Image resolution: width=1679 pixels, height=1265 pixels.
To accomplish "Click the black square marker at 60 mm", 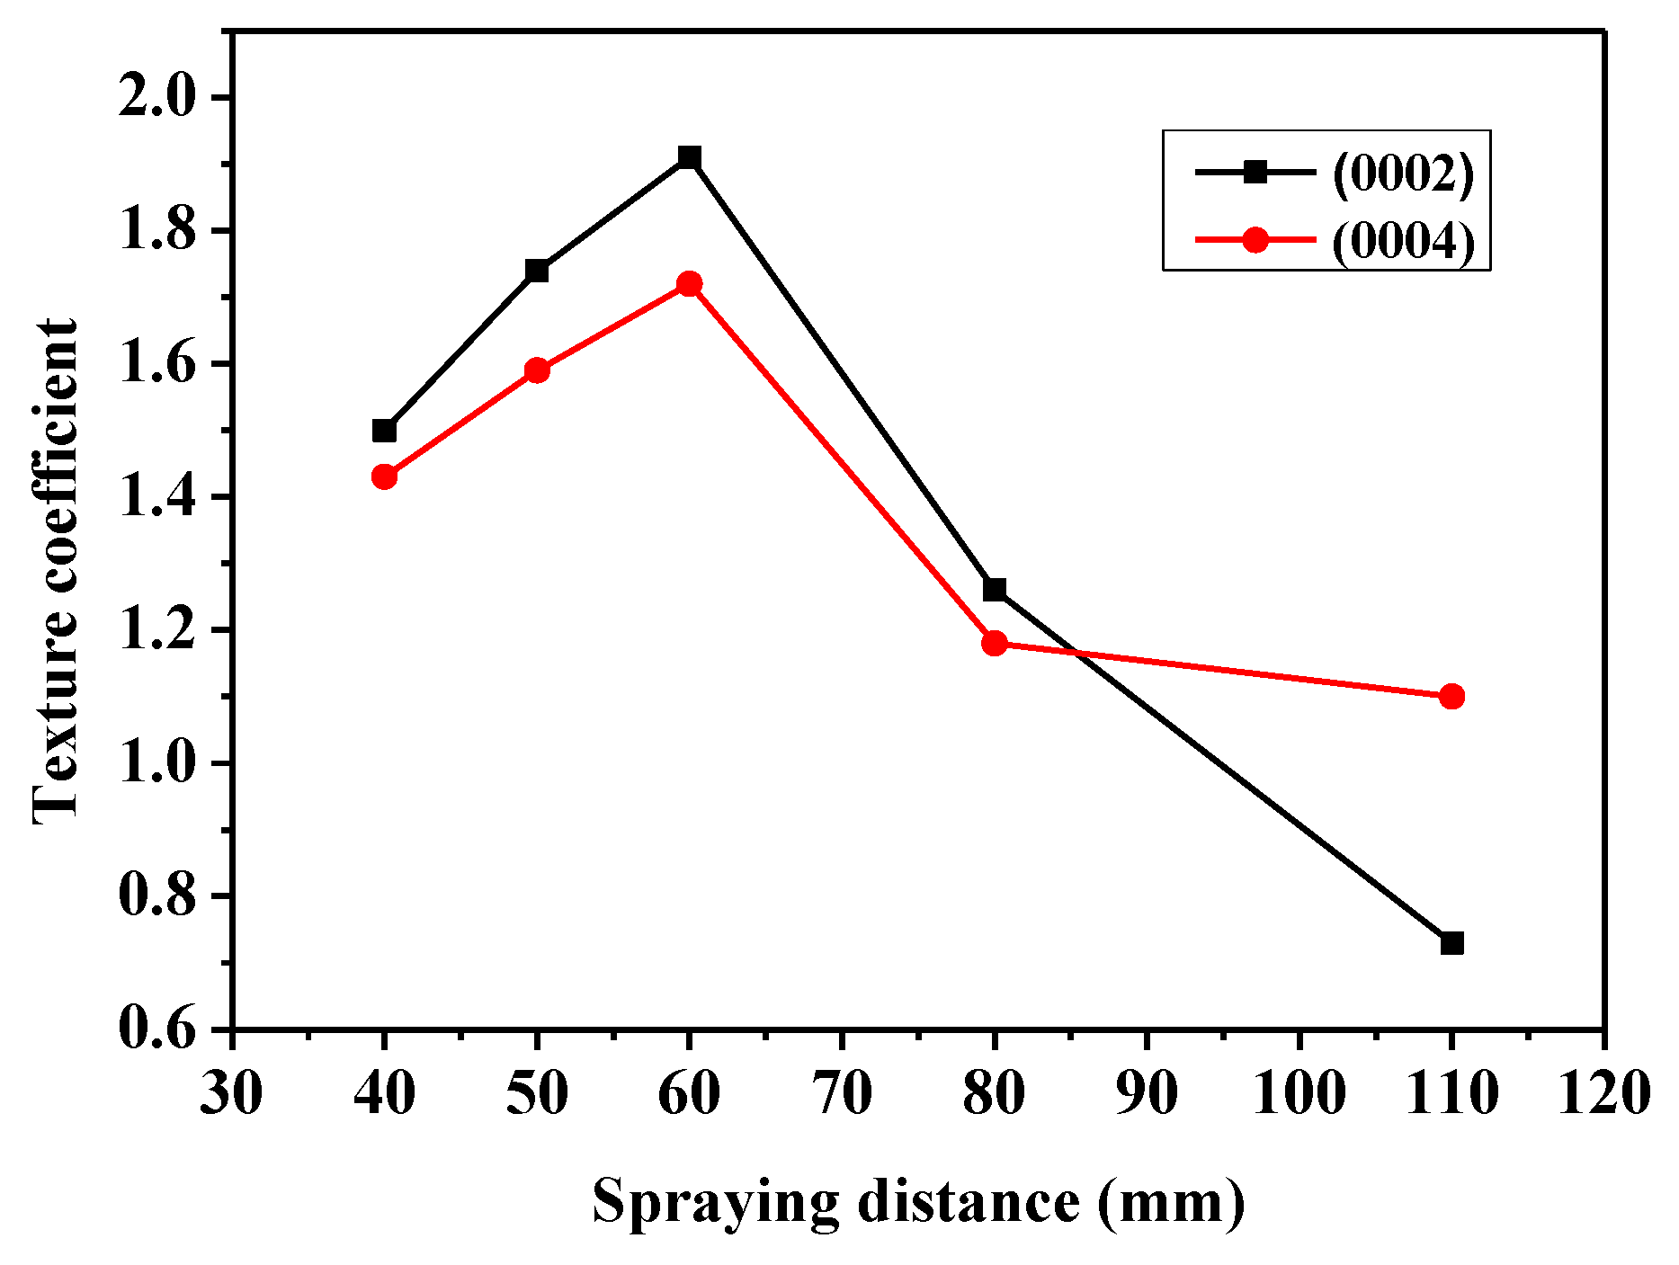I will [690, 157].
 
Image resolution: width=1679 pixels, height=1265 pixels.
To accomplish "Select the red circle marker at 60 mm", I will [690, 284].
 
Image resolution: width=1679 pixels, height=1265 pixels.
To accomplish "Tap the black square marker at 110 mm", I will [1451, 943].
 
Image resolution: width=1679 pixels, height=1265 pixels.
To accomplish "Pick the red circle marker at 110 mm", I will [1451, 696].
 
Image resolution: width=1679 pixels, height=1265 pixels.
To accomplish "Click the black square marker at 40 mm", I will [384, 431].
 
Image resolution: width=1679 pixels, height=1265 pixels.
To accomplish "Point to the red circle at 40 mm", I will [384, 477].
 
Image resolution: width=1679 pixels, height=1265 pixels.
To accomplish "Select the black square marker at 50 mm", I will [537, 271].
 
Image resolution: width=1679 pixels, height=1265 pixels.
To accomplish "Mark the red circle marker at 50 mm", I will [537, 370].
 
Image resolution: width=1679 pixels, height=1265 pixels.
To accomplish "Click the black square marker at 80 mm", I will [995, 590].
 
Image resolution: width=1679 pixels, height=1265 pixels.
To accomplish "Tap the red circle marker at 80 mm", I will [995, 643].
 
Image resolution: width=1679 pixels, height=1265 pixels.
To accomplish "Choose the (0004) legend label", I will [1403, 241].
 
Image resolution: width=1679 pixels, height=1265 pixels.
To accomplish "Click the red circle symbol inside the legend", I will [1255, 240].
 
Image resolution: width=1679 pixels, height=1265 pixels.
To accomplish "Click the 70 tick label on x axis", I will [842, 1094].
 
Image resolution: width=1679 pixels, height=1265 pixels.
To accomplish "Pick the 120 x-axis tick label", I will [1603, 1094].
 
